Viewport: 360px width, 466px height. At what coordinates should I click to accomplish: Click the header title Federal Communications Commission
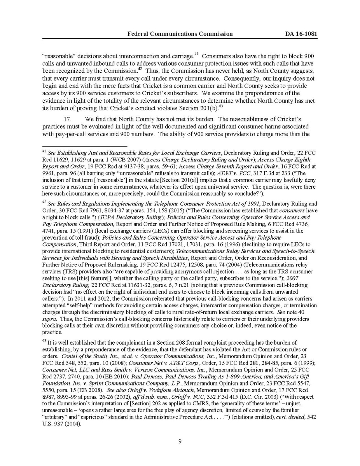point(180,34)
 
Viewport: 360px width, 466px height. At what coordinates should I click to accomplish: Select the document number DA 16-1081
point(301,34)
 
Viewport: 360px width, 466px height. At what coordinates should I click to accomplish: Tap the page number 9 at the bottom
point(180,441)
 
